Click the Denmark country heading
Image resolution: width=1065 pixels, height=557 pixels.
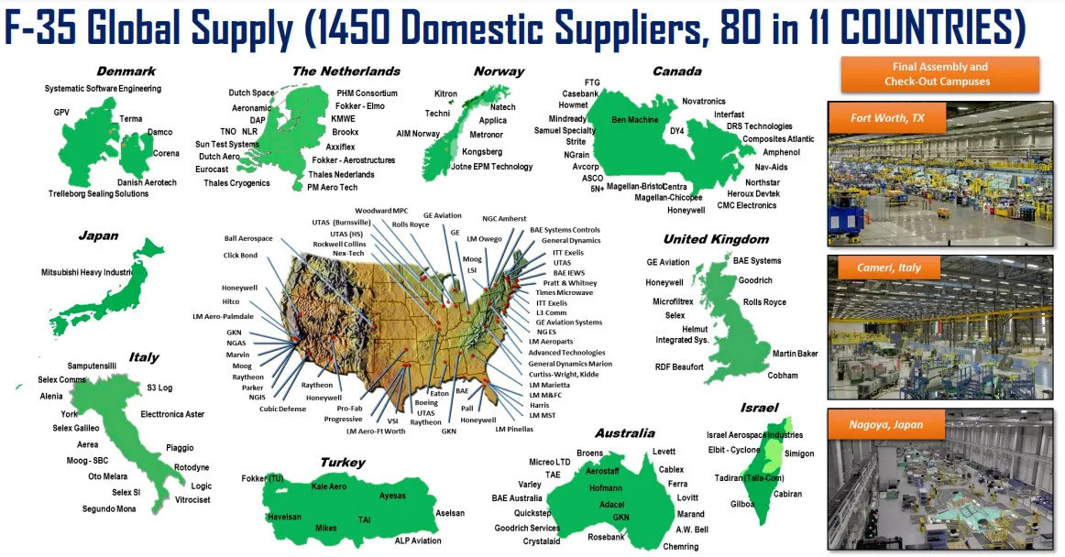coord(126,71)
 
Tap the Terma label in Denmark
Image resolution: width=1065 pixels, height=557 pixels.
coord(130,119)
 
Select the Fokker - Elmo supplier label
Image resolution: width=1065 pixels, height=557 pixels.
coord(360,105)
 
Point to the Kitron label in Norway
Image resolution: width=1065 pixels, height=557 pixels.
coord(445,93)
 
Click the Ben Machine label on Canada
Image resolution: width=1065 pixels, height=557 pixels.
coord(635,120)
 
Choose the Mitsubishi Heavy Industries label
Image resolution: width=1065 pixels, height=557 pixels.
coord(88,272)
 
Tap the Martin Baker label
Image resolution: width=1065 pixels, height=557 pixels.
coord(796,354)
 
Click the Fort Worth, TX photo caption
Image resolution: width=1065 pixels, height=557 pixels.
coord(886,119)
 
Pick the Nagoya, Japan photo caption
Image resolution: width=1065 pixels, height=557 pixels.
coord(886,424)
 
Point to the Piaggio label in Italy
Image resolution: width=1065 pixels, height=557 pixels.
coord(180,448)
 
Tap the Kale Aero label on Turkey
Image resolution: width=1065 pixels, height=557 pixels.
coord(328,486)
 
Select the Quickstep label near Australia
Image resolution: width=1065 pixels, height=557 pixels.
coord(532,513)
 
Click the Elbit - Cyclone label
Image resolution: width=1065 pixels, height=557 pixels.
coord(733,450)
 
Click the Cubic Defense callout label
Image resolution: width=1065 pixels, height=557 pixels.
coord(282,409)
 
